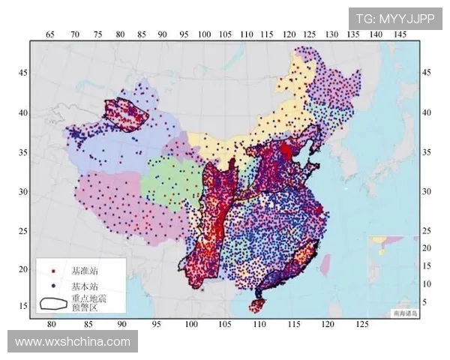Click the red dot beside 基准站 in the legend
point(53,270)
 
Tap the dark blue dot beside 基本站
point(53,286)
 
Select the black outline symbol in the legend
point(53,303)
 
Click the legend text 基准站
point(84,270)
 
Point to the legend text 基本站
point(84,286)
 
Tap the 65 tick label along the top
point(50,34)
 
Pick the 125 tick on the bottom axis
point(362,324)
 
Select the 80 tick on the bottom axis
point(52,324)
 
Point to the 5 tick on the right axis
point(425,301)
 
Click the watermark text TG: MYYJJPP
point(394,19)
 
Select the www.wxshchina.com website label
point(73,342)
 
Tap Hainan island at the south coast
point(258,305)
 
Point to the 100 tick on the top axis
point(204,34)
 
